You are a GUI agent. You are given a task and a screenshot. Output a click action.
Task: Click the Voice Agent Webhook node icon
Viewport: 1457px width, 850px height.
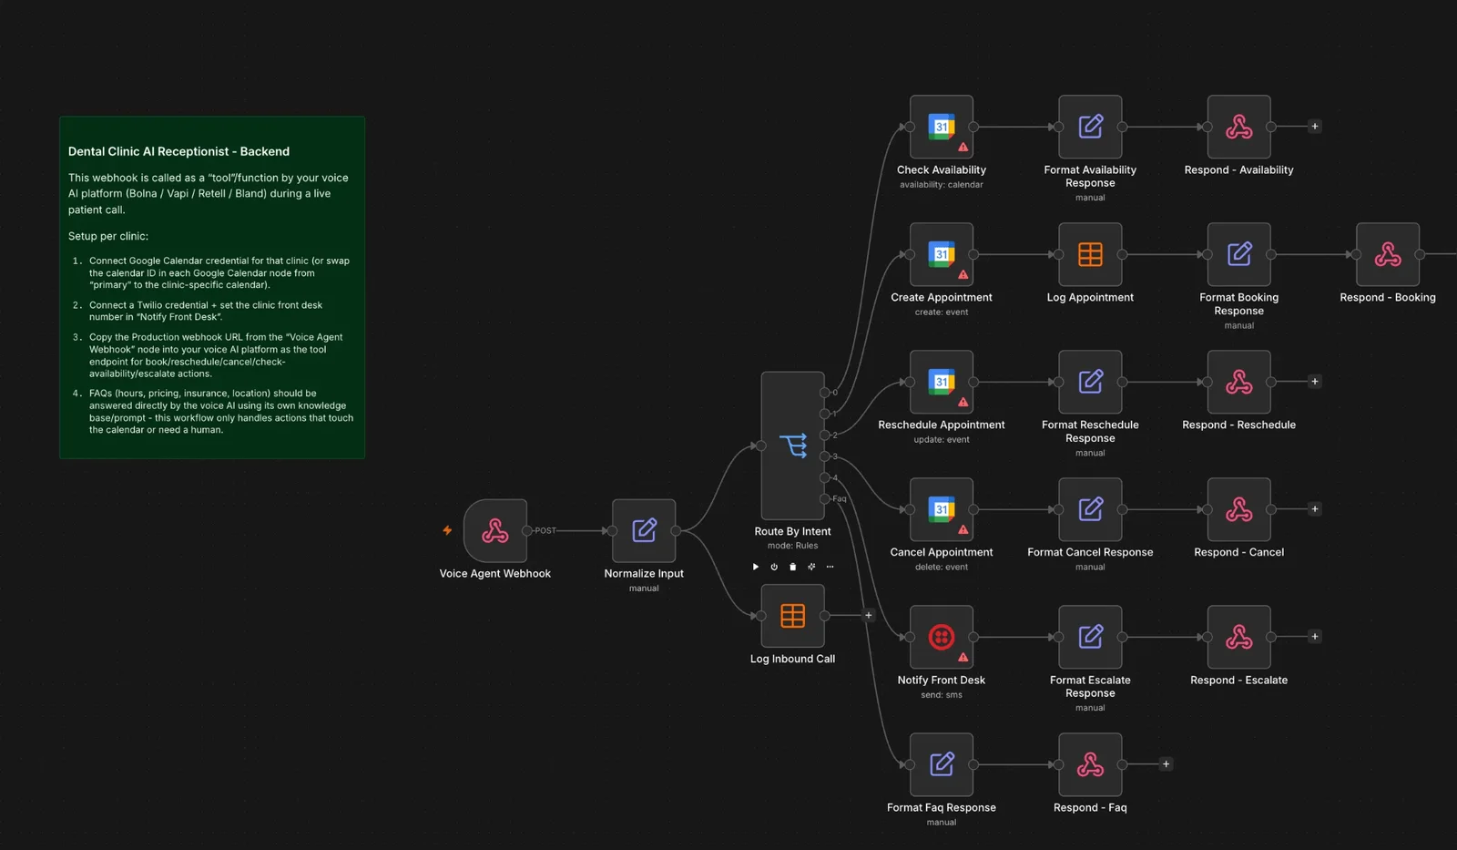point(495,530)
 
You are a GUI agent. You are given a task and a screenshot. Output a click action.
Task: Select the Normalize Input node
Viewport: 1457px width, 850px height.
point(644,530)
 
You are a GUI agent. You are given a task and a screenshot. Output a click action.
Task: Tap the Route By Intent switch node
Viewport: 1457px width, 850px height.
point(793,445)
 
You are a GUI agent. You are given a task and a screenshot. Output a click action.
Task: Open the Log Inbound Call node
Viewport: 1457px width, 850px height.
point(793,616)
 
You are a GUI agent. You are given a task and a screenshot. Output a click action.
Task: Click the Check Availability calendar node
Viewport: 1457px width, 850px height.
point(942,127)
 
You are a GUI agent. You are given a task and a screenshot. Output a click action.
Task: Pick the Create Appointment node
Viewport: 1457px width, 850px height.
point(942,254)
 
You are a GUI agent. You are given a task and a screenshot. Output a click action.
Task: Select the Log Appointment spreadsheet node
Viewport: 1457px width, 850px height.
point(1090,254)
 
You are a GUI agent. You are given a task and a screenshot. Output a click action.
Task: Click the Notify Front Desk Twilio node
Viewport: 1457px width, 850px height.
point(942,637)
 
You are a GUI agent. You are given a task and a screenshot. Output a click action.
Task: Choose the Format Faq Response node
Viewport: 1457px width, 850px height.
point(942,764)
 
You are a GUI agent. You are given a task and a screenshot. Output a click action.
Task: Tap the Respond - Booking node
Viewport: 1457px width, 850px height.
point(1388,254)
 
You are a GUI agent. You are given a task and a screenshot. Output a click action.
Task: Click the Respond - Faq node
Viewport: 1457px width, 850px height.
point(1090,764)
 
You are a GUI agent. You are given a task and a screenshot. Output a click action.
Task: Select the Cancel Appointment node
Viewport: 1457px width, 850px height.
point(942,509)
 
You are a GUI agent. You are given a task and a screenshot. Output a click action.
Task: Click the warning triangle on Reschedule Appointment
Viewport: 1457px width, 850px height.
point(963,402)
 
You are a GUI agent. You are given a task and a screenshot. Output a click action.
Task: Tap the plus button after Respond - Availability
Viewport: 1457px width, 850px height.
point(1315,127)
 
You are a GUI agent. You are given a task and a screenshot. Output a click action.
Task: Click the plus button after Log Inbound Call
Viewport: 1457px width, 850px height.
point(869,615)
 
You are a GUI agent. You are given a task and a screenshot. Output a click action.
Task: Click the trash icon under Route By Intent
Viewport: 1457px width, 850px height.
point(792,567)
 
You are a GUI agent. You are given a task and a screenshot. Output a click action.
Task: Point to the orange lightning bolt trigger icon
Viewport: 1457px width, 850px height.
point(447,530)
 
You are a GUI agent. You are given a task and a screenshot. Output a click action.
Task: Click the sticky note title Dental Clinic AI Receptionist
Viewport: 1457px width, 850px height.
point(178,151)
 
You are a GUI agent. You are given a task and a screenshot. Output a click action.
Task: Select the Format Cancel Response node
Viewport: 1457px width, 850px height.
point(1090,509)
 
